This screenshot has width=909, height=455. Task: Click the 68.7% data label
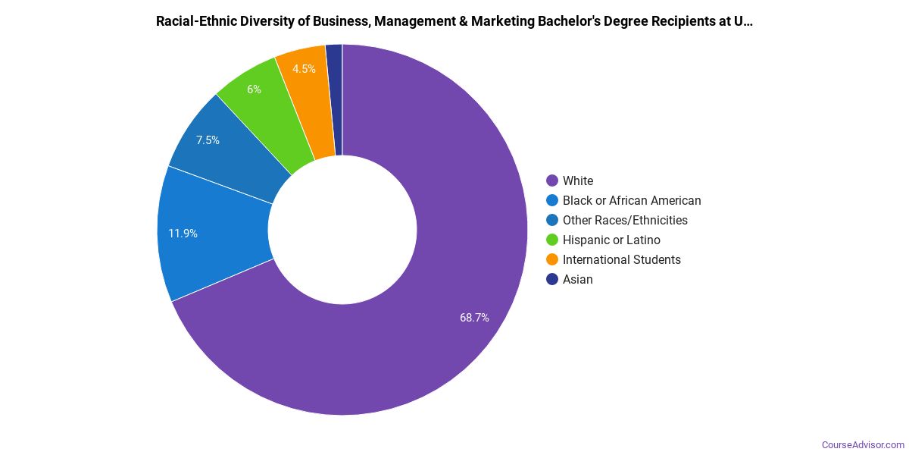click(x=474, y=318)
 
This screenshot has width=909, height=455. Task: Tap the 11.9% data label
click(x=183, y=234)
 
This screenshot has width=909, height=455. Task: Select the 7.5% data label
click(x=208, y=140)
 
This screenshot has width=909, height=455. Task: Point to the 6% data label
click(x=254, y=89)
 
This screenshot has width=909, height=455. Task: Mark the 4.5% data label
click(x=304, y=69)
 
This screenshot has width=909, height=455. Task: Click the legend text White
click(x=578, y=180)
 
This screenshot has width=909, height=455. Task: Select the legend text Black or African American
click(x=632, y=200)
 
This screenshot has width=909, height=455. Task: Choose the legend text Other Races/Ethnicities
click(x=625, y=220)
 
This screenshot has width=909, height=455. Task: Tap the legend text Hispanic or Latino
click(x=611, y=240)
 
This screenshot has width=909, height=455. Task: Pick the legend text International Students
click(x=621, y=259)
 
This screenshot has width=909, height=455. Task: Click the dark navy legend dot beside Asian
click(x=552, y=279)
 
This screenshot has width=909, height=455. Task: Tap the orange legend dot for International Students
click(x=552, y=259)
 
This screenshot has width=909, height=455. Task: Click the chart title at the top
click(x=454, y=21)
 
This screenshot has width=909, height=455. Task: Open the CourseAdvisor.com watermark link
click(x=863, y=445)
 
